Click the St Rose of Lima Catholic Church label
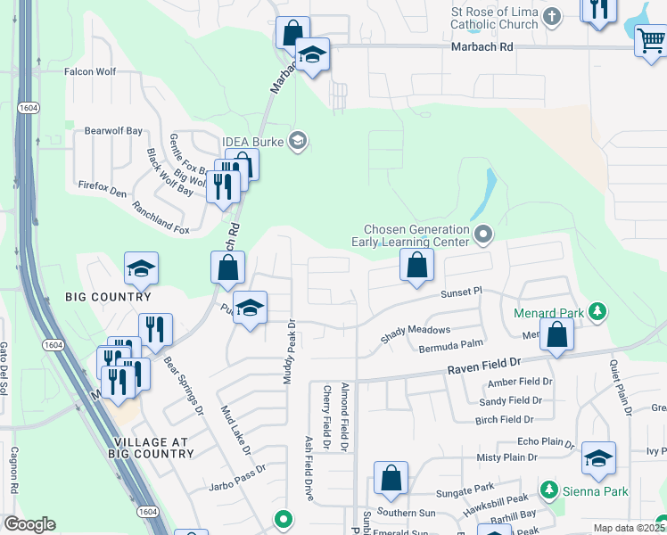pos(495,18)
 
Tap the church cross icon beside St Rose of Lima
pos(552,15)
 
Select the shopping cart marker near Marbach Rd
pos(651,39)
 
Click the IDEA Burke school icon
pos(298,140)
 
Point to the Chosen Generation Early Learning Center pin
pos(484,235)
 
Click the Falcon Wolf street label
pos(91,70)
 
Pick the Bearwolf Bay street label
pos(113,131)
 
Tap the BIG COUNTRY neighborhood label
pos(108,297)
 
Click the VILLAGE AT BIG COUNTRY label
pos(153,448)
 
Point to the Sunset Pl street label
pos(461,292)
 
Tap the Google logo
pos(29,524)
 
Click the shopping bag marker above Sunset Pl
pos(416,265)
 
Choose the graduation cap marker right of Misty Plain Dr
pos(598,458)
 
